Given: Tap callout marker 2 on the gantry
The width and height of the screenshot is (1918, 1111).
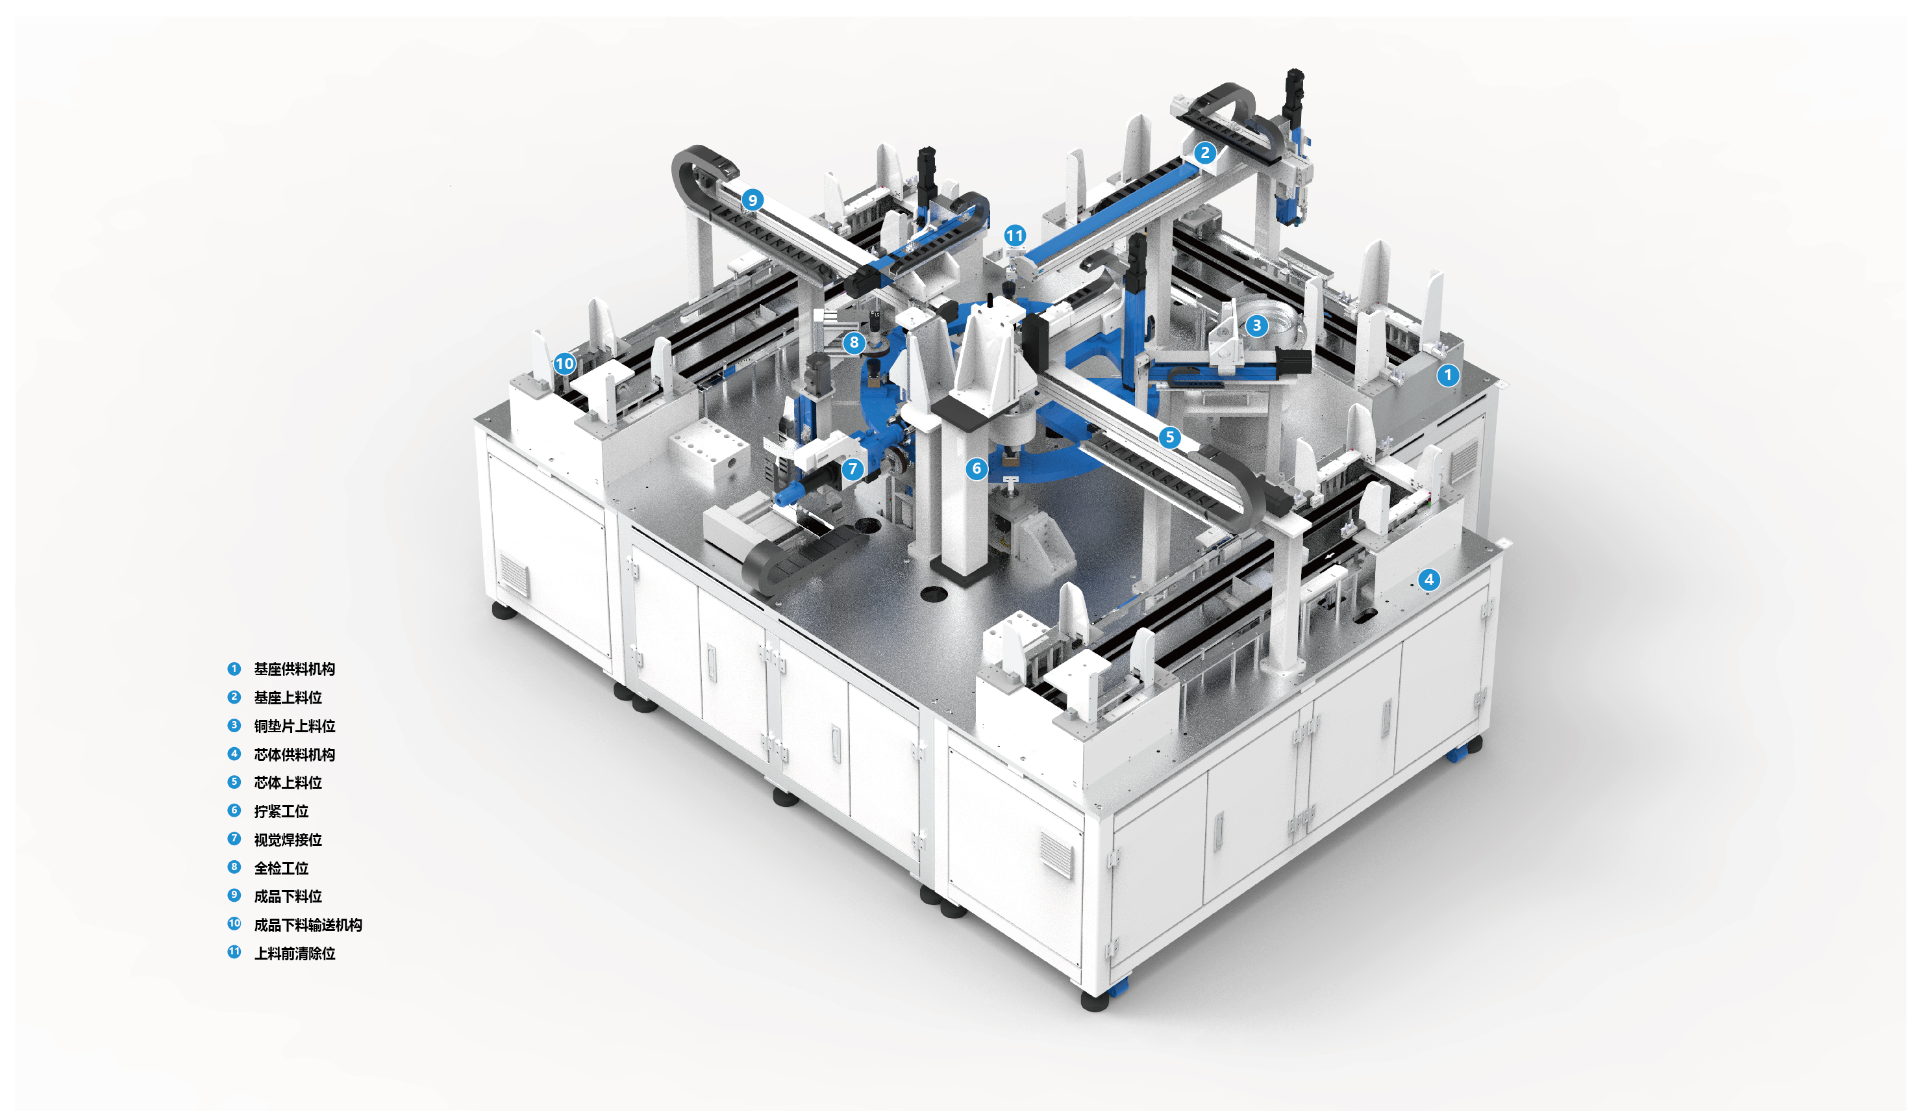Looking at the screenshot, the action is pyautogui.click(x=1204, y=152).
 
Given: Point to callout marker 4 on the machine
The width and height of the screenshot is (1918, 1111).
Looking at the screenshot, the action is pyautogui.click(x=1428, y=580).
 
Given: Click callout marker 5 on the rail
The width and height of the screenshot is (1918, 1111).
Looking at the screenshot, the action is pyautogui.click(x=1170, y=437).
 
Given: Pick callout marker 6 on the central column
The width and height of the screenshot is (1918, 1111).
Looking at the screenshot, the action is pyautogui.click(x=977, y=468).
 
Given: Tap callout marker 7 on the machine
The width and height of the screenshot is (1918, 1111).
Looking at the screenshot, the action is pyautogui.click(x=853, y=469).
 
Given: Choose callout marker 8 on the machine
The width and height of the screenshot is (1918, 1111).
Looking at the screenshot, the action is pyautogui.click(x=854, y=342).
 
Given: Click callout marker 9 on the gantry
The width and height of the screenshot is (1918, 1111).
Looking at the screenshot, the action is pyautogui.click(x=752, y=199).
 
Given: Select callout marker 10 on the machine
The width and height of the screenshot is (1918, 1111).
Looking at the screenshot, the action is pyautogui.click(x=565, y=363).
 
